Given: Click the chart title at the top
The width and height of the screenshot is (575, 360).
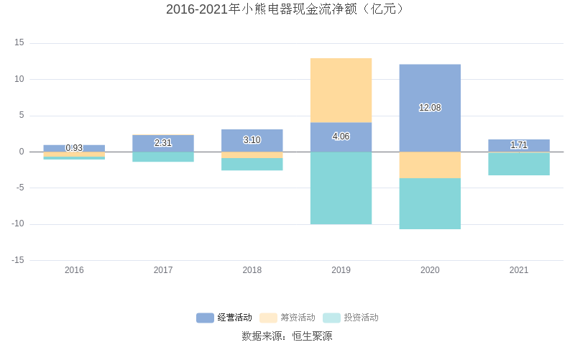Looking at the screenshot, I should [x=287, y=9].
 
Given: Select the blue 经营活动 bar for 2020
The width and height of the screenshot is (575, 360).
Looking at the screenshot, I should [x=430, y=86].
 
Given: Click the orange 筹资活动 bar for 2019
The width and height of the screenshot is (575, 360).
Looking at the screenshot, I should [x=341, y=90].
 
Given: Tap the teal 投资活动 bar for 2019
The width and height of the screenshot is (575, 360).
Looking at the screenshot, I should [x=341, y=188].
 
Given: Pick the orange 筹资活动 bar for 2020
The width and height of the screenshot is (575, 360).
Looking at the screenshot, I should [x=430, y=165].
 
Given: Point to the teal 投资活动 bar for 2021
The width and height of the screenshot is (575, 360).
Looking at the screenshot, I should [x=518, y=164].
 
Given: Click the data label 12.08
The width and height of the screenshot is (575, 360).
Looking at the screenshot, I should [x=430, y=108].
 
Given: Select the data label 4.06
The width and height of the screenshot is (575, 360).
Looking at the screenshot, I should [x=341, y=137].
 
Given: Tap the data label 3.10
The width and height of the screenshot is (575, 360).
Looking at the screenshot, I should [x=252, y=140].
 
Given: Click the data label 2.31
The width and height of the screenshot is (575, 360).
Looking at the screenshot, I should [x=163, y=143].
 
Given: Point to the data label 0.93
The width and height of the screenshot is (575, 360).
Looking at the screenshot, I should [x=74, y=148].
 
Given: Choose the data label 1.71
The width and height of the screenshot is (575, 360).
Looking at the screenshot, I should [x=518, y=145].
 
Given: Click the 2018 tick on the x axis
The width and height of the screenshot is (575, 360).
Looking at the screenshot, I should [x=252, y=270].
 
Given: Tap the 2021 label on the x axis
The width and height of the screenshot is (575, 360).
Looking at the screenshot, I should [x=518, y=270].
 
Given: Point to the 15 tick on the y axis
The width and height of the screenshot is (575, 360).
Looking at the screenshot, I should [x=19, y=43].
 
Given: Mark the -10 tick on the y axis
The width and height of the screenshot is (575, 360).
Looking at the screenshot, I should [x=17, y=224].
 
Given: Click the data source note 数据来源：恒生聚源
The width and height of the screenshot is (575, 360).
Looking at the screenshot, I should [x=287, y=336].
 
